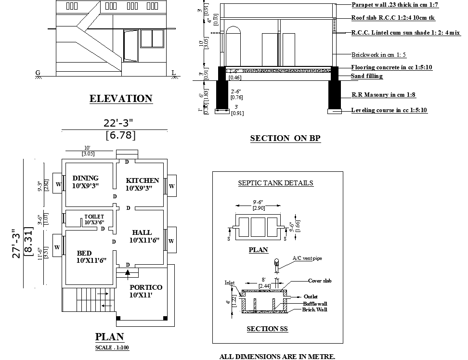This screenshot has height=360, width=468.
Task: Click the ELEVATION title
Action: [x=121, y=99]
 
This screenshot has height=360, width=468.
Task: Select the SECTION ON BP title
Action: [x=285, y=138]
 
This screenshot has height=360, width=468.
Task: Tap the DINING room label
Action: [x=86, y=178]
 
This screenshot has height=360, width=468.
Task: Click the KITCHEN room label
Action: [x=143, y=180]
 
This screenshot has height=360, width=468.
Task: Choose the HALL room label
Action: [x=142, y=232]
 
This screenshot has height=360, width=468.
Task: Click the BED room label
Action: [x=84, y=253]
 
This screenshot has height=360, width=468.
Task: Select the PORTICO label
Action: [x=146, y=287]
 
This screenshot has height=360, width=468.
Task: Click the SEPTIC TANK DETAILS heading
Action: [x=276, y=183]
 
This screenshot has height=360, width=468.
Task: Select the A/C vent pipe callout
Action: [x=307, y=258]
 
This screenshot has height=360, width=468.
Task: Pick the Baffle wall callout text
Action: [x=315, y=304]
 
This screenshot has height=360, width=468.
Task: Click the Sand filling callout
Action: [x=367, y=76]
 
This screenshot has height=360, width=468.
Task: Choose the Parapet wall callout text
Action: [x=395, y=4]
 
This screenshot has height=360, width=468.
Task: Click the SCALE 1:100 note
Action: [x=112, y=347]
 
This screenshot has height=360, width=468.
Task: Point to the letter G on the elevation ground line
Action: [x=38, y=73]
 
